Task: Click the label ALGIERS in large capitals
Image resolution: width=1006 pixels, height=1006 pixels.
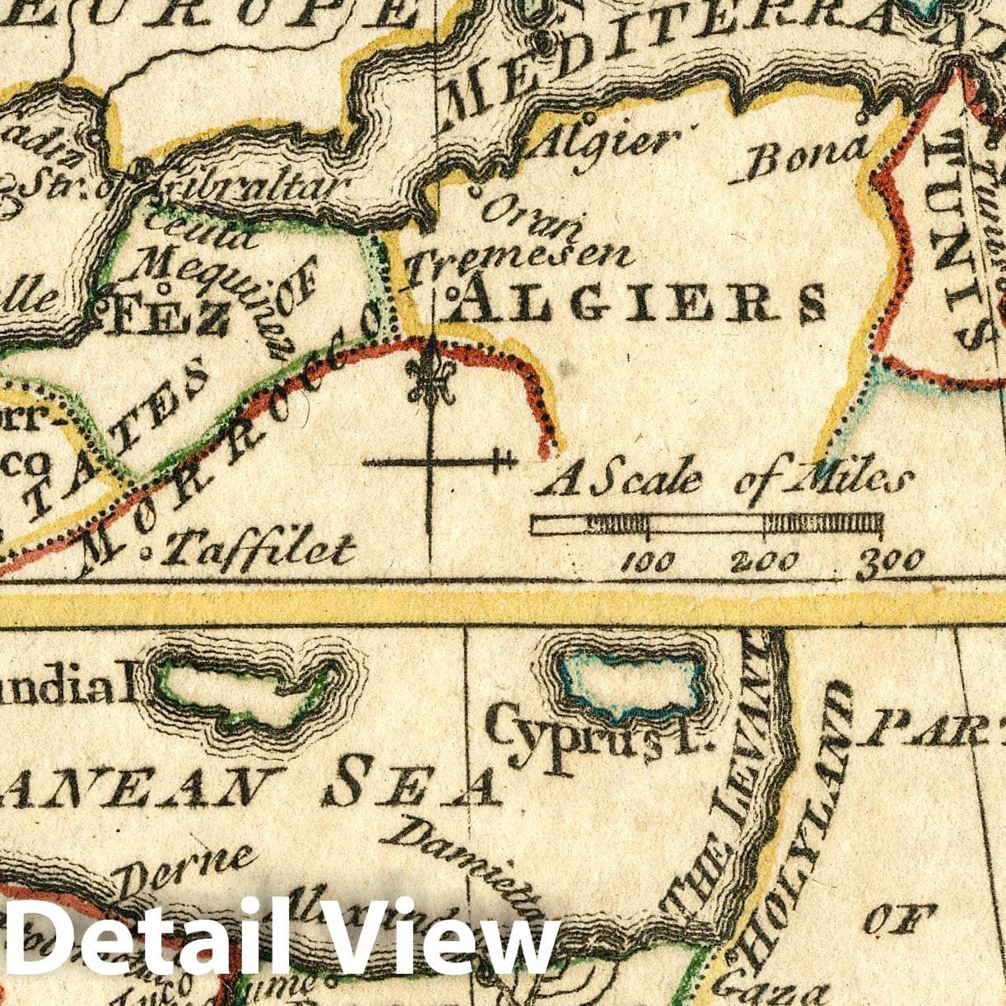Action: (639, 301)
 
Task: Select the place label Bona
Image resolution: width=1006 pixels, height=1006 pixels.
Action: (808, 157)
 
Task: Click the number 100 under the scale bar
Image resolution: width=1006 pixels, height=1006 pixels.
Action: (648, 563)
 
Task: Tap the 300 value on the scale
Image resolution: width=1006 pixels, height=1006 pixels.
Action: (890, 563)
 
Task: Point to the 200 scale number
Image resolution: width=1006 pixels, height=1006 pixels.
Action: (765, 563)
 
